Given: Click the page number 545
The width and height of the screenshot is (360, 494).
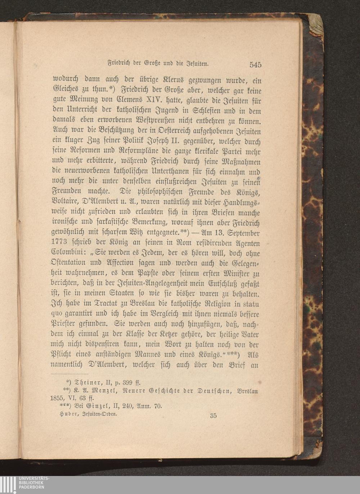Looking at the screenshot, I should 255,65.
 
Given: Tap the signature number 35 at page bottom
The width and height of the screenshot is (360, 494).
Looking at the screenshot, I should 213,416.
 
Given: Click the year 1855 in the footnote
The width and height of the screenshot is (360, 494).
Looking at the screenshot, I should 58,398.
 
